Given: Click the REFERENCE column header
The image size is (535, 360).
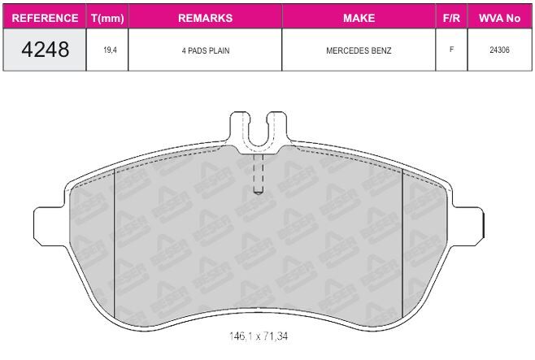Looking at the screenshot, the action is coord(45,18).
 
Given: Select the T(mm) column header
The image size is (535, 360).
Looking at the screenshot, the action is coord(107,18).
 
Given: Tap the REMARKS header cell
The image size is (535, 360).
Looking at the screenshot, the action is coord(205,18).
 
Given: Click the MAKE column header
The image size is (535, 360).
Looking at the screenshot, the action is coord(359,18).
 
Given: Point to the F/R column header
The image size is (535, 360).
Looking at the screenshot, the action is coord(451,18).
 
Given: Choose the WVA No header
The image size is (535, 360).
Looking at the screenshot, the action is coord(499,18).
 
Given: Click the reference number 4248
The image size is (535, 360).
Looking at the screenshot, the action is coord(45,50).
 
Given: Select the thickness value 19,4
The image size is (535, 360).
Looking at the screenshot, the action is coord(110,50).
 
